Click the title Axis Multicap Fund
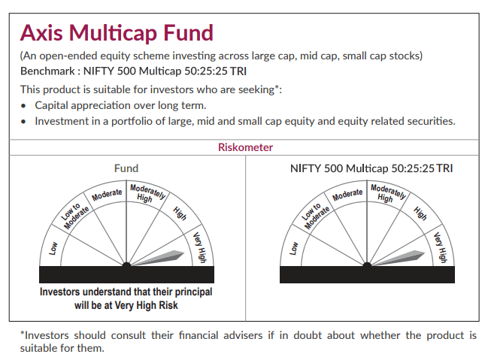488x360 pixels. click(x=117, y=33)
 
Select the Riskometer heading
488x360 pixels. click(x=245, y=147)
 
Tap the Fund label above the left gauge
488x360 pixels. click(x=126, y=168)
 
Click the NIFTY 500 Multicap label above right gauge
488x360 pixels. click(x=371, y=168)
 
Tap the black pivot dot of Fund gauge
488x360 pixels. click(x=126, y=265)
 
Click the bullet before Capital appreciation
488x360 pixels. click(x=25, y=106)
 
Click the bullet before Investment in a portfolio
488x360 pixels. click(x=25, y=121)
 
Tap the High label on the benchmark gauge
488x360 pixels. click(x=420, y=213)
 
